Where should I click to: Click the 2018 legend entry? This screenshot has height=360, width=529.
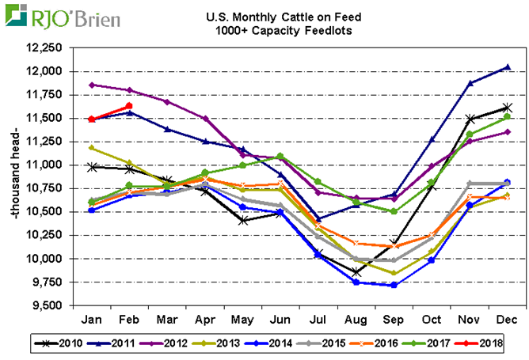point(485,343)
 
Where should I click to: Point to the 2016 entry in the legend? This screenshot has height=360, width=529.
point(381,343)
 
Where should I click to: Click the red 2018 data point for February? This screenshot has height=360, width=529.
point(129,106)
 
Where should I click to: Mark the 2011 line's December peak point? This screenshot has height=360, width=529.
point(507,67)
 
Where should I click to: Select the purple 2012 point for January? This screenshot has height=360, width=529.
point(93,85)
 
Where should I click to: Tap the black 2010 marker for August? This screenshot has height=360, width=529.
point(356,272)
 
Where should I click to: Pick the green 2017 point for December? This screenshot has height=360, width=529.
point(507,117)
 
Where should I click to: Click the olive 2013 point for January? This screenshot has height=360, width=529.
point(93,148)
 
